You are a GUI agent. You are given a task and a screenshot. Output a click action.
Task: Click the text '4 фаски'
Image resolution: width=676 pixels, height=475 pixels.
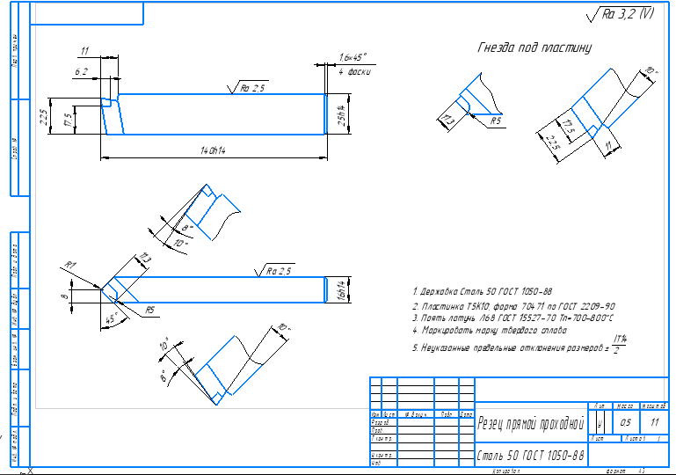point(354,73)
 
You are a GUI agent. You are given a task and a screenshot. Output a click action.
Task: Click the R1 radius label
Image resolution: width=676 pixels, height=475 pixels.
point(70,264)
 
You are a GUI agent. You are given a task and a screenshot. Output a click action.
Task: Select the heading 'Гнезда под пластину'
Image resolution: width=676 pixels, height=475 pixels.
point(534,47)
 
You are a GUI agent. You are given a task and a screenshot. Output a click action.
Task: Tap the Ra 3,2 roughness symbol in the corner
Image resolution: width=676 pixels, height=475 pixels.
point(620,13)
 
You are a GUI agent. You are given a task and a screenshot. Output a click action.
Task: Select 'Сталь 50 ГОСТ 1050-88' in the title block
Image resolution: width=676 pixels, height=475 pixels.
point(530,456)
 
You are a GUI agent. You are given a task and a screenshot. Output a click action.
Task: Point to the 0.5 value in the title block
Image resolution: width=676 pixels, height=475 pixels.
point(626,423)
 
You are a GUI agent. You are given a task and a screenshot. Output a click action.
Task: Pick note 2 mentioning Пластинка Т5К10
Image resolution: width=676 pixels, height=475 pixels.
point(514,304)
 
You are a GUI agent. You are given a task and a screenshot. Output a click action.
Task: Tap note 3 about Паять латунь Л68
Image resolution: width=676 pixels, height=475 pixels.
point(512,317)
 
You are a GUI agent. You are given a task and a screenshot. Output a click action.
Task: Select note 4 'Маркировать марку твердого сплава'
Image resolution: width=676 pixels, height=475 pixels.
point(490,330)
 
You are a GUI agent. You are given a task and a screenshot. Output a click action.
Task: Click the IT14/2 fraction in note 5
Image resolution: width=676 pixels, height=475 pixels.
point(620,344)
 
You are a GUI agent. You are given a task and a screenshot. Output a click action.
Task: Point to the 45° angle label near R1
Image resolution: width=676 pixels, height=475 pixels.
point(112,318)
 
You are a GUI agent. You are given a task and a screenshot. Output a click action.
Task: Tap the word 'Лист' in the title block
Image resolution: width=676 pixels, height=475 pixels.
point(601,437)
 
